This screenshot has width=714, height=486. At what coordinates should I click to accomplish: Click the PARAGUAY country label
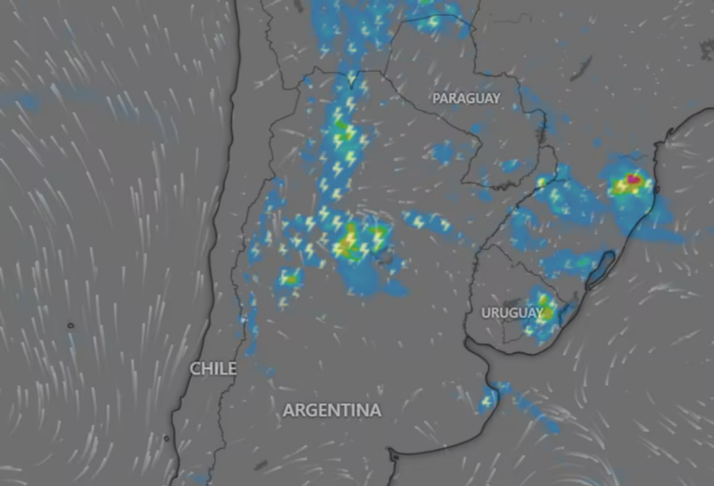(x=466, y=98)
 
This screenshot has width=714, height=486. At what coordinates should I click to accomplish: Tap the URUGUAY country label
(x=512, y=312)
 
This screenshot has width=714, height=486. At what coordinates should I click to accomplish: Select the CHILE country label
(x=213, y=369)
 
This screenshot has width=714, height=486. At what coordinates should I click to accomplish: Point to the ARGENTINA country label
(x=332, y=410)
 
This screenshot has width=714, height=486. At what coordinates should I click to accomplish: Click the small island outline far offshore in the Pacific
(x=70, y=325)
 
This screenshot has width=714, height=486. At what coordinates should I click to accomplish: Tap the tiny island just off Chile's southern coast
(x=166, y=438)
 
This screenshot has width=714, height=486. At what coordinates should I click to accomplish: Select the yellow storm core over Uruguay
(x=546, y=313)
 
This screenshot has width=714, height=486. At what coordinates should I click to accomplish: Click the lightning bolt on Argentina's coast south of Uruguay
(x=485, y=401)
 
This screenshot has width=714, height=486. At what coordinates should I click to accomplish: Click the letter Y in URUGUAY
(x=538, y=312)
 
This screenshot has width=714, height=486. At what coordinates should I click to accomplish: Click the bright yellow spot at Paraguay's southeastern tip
(x=543, y=181)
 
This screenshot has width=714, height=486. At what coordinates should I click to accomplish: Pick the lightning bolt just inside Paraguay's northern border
(x=433, y=21)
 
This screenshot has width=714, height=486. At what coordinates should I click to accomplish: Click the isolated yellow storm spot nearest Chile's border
(x=289, y=277)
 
